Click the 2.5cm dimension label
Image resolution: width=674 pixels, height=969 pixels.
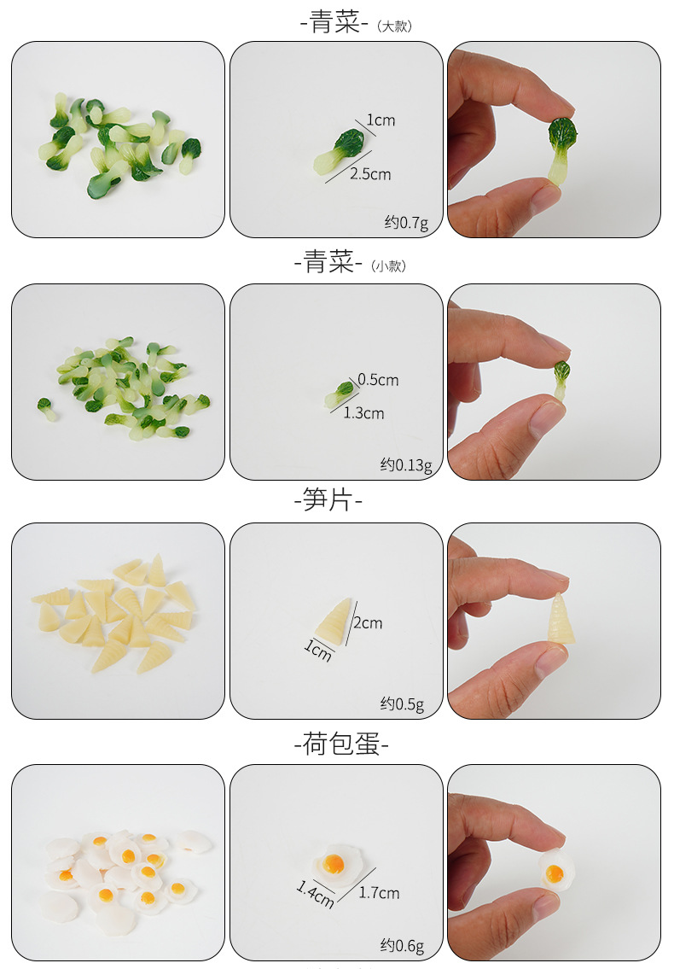point(370,174)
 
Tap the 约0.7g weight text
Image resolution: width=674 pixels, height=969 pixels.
point(406,223)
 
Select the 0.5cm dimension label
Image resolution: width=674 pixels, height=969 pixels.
point(378,379)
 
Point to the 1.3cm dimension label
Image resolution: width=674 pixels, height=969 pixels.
point(363,413)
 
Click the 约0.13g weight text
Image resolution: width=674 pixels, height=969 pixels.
point(406,464)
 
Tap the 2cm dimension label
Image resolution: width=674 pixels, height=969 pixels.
point(368,623)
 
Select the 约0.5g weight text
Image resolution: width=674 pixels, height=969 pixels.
point(402,703)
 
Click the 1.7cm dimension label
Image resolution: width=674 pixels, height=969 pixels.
point(379,893)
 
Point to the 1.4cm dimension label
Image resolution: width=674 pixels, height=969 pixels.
point(315,894)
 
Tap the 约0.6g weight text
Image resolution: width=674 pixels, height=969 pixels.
point(402,945)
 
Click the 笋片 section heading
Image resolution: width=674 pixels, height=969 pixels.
point(328,499)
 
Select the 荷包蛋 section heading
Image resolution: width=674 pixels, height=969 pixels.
point(340,744)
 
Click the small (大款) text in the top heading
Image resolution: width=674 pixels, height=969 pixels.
point(394,26)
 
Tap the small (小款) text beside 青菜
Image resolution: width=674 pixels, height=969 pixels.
point(388,266)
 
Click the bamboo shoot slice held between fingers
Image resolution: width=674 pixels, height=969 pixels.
point(561,619)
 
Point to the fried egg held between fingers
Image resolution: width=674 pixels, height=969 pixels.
point(556,869)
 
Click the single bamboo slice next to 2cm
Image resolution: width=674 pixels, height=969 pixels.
point(334,622)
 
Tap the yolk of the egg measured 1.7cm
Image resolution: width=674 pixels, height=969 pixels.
point(334,863)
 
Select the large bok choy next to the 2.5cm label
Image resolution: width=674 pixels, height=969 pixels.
point(340,152)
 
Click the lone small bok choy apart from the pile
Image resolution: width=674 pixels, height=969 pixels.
point(46,409)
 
